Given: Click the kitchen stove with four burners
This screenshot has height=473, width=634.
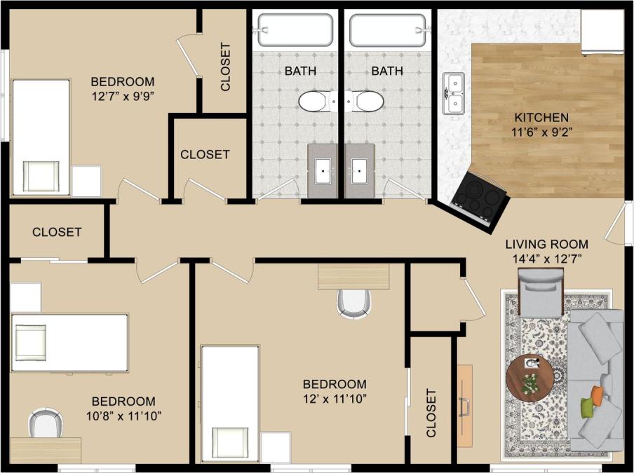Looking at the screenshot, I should (x=480, y=200).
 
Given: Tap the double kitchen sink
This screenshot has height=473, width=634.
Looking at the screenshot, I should (x=453, y=94).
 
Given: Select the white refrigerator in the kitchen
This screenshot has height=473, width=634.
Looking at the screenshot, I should (x=602, y=32).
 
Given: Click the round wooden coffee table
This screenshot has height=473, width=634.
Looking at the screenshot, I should (x=530, y=378).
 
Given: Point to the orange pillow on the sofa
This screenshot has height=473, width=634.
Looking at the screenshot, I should (x=597, y=395).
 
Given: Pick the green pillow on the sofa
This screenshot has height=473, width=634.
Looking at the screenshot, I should (x=588, y=406).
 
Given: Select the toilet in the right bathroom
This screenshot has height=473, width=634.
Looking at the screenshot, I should (x=367, y=102).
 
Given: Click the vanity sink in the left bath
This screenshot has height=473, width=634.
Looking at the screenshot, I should (x=323, y=170).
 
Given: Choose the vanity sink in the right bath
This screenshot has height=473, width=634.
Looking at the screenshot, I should (x=360, y=170).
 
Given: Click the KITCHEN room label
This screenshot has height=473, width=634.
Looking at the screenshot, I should (x=541, y=118).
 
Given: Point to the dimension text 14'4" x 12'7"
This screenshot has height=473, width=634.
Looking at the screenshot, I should (x=547, y=259).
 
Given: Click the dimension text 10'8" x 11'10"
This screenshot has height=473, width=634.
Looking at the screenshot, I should (x=123, y=416).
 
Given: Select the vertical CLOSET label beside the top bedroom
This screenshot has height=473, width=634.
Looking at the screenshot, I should (x=225, y=67).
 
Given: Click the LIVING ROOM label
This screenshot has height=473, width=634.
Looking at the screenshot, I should (x=547, y=245).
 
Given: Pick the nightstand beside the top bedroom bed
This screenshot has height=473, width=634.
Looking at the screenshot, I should (x=87, y=181).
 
